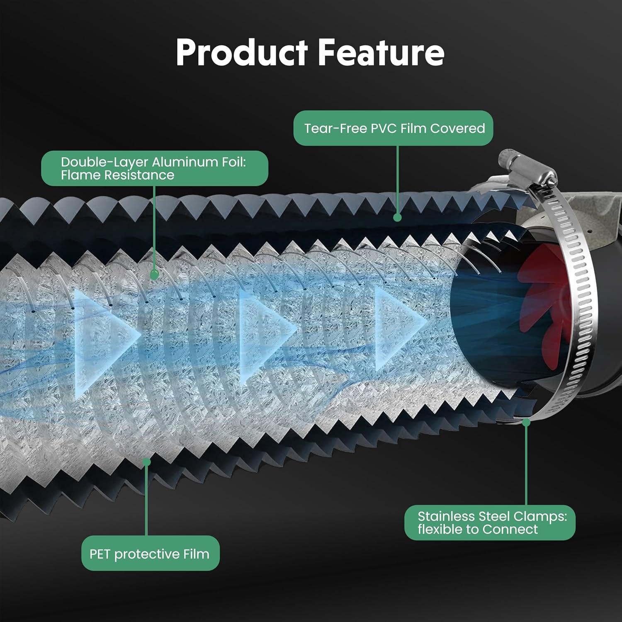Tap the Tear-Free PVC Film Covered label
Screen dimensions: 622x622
click(394, 128)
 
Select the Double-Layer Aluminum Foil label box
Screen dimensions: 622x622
click(154, 168)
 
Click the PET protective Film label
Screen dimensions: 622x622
click(150, 554)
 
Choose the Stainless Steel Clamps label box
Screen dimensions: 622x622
click(489, 522)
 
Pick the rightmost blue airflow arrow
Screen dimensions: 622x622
click(398, 328)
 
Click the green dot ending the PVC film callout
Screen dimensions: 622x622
click(397, 217)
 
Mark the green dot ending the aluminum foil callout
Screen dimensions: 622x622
click(154, 275)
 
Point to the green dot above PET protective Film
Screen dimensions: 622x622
click(146, 461)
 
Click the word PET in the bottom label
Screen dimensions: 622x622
click(100, 554)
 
